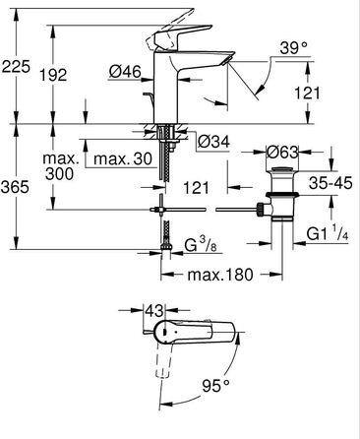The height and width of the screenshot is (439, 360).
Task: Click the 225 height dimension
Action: (16, 67)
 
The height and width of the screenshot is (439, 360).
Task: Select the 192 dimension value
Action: (53, 75)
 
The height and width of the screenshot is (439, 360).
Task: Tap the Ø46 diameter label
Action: (125, 72)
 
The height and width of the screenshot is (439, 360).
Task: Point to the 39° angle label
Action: (294, 48)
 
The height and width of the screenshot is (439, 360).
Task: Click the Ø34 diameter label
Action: (213, 142)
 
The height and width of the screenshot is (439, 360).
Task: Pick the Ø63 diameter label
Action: (282, 153)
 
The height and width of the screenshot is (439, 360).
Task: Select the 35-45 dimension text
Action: (330, 183)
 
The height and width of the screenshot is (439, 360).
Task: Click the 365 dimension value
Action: (15, 187)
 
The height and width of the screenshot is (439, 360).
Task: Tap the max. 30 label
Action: (123, 159)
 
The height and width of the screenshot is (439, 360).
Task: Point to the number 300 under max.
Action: (59, 174)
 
